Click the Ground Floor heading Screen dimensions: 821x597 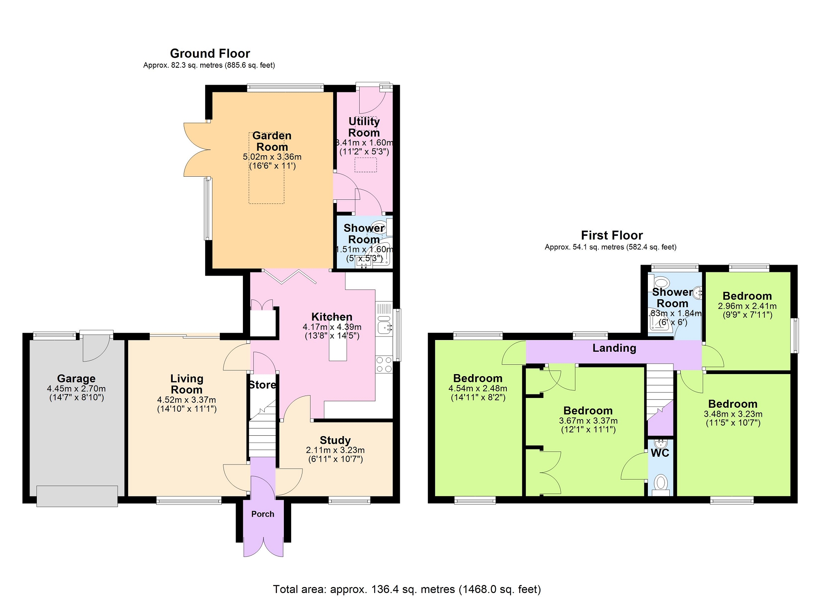pos(210,53)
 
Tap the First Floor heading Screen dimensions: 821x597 pos(612,235)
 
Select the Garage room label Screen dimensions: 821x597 pos(76,379)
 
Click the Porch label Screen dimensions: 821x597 pos(263,514)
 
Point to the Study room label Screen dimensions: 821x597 pos(335,441)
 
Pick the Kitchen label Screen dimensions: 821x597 pos(332,317)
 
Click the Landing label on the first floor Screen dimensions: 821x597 pos(614,348)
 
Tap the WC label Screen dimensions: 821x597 pos(660,453)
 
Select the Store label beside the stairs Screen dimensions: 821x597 pos(262,385)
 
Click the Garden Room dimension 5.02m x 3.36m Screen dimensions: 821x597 pos(272,157)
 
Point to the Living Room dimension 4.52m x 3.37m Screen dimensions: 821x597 pos(186,400)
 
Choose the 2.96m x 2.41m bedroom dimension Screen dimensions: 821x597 pos(747,306)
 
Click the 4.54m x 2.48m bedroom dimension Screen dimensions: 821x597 pos(478,389)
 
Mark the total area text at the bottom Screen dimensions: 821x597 pos(407,589)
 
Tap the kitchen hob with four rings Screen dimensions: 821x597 pos(384,364)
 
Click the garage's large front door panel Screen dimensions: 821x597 pos(77,496)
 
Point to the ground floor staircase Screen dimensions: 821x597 pos(262,430)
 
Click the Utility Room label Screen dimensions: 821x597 pos(364,127)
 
